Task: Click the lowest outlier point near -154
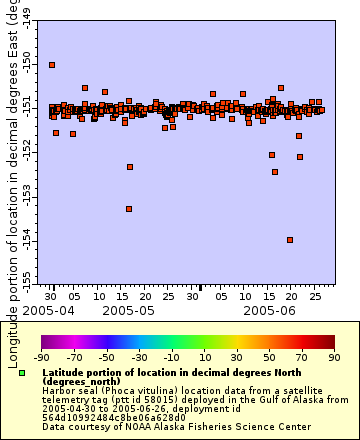(290, 240)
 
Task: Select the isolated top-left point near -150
(52, 65)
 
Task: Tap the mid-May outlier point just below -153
(129, 209)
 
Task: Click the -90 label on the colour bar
(42, 357)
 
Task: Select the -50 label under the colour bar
(106, 357)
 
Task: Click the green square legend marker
(21, 373)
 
